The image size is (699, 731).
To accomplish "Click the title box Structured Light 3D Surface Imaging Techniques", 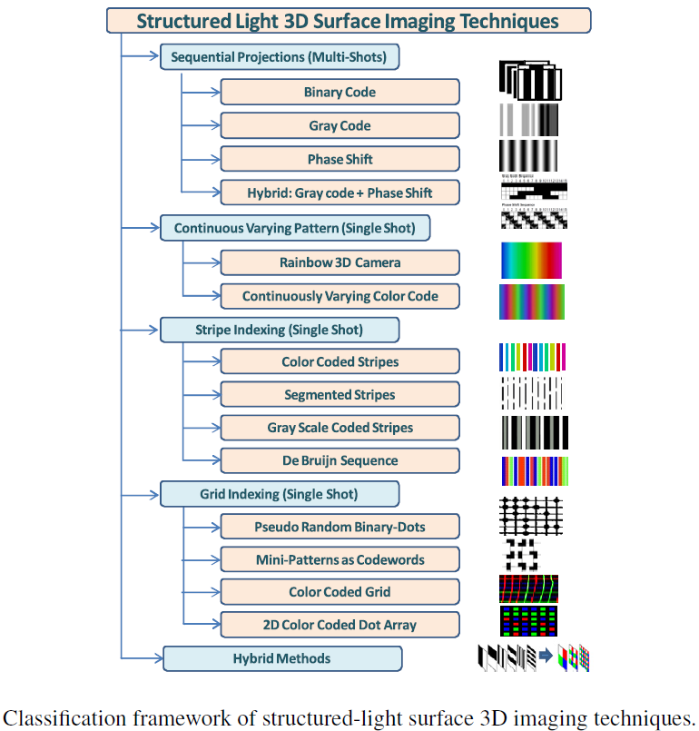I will click(349, 21).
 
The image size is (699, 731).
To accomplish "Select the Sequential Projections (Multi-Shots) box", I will click(280, 58).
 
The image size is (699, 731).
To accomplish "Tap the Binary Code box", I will click(340, 92).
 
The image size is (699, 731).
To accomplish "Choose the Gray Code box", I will click(340, 125).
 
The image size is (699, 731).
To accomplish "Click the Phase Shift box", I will click(340, 159).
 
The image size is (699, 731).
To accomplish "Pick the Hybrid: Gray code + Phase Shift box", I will click(340, 193).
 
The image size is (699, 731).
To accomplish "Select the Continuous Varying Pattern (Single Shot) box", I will click(295, 229).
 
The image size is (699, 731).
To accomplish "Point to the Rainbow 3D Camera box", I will click(340, 262).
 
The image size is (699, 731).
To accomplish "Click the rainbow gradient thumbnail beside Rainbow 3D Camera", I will click(531, 261).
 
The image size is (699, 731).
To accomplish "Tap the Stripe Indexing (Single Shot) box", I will click(280, 329).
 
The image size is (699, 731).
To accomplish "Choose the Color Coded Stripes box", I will click(340, 361).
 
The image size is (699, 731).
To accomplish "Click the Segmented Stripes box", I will click(340, 395).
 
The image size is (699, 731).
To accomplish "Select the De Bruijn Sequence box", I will click(340, 460).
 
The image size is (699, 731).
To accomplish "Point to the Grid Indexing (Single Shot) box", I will click(280, 494).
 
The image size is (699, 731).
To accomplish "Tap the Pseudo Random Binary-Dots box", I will click(340, 527).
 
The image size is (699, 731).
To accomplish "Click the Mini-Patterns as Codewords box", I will click(340, 559).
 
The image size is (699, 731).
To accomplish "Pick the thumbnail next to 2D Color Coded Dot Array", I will click(528, 622).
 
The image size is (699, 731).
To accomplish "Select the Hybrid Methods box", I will click(281, 658).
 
